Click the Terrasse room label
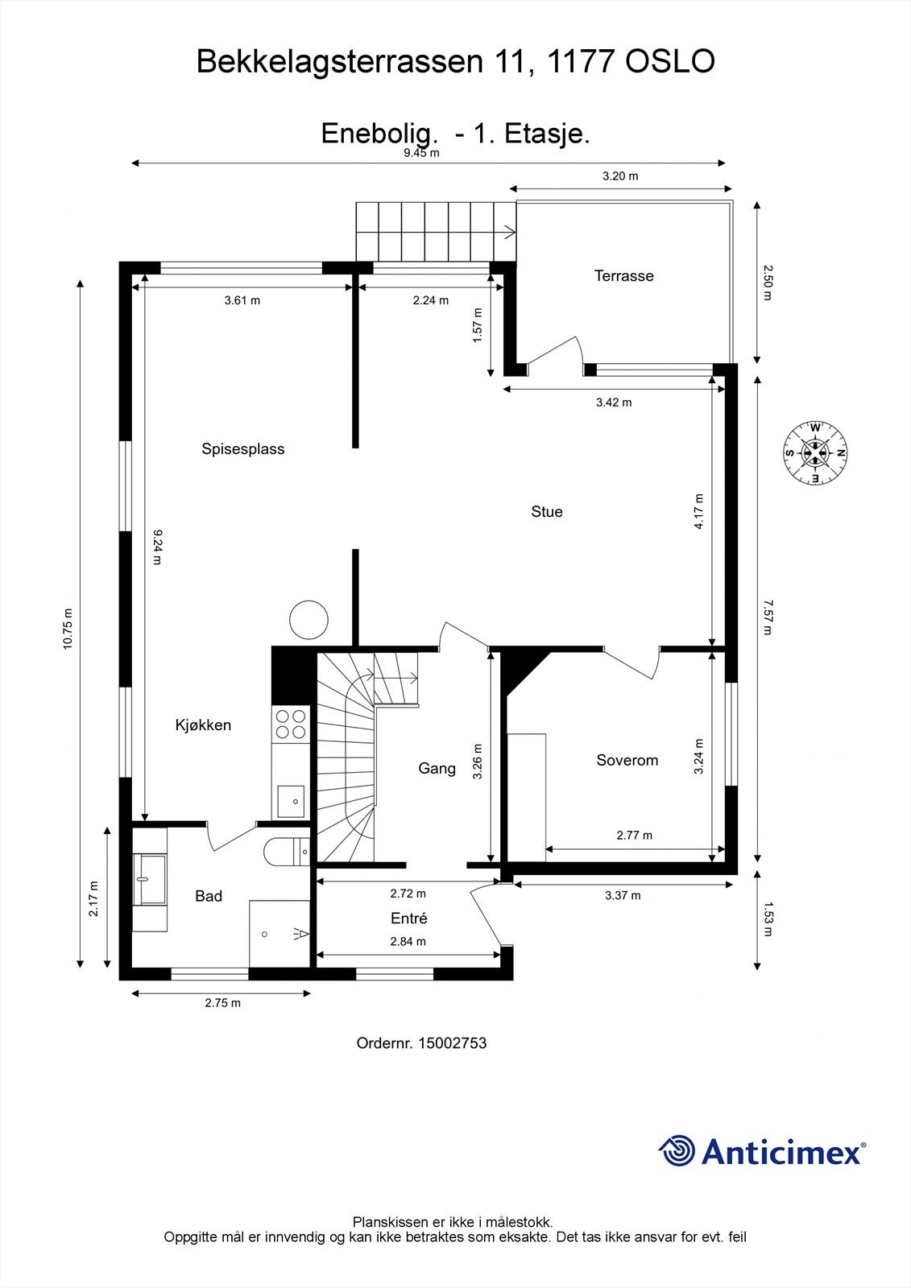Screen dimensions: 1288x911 623,276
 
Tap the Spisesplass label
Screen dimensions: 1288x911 242,449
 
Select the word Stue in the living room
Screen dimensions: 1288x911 546,512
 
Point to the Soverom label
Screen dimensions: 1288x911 627,760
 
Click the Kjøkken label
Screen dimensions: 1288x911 203,725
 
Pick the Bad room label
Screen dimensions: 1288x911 208,897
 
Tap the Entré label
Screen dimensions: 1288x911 408,919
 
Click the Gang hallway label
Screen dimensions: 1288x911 437,769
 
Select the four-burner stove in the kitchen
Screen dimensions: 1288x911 291,723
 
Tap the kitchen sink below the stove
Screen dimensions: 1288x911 291,801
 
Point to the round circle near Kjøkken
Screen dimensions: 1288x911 308,620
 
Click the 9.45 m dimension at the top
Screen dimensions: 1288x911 421,153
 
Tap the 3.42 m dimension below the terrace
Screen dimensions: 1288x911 613,402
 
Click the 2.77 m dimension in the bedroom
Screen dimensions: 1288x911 634,836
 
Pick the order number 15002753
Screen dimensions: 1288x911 421,1043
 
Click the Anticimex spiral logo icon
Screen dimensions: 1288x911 677,1151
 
